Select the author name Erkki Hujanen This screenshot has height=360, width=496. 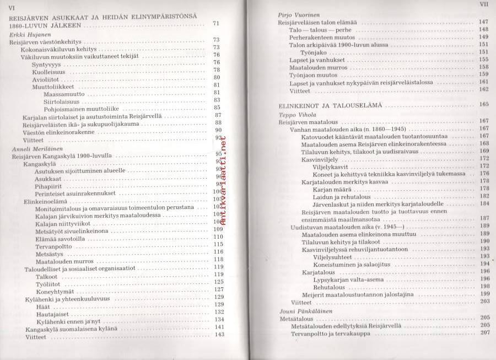(28, 34)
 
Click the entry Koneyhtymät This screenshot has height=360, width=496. (54, 289)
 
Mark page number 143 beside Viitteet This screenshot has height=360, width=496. (219, 335)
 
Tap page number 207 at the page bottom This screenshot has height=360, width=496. (485, 333)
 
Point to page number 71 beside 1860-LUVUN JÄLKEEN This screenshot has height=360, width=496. (216, 23)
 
